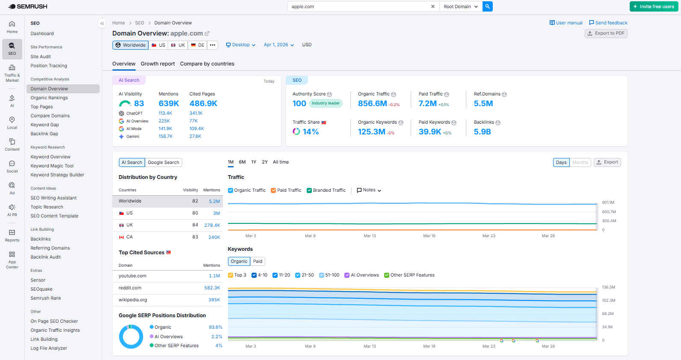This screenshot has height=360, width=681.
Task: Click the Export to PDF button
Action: click(x=606, y=33)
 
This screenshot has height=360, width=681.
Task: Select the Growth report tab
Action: click(x=157, y=64)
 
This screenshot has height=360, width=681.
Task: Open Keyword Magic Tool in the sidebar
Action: click(x=52, y=166)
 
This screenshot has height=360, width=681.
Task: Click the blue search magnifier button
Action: click(x=487, y=6)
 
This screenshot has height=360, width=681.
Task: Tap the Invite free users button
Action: click(x=653, y=6)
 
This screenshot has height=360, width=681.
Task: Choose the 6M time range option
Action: click(x=242, y=162)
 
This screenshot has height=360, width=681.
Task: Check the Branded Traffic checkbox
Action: click(x=309, y=190)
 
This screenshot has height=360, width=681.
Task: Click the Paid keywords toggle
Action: click(x=258, y=262)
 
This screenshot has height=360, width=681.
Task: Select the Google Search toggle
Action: click(x=163, y=163)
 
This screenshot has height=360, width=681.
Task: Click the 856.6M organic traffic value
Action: click(x=372, y=104)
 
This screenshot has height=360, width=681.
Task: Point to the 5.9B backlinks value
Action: click(x=482, y=132)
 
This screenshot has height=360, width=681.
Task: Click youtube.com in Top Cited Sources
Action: click(x=133, y=276)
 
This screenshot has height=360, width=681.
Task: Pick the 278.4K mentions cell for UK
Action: click(x=212, y=225)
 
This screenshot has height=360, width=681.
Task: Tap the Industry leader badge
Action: click(x=326, y=103)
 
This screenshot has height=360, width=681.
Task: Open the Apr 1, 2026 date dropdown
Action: click(x=278, y=45)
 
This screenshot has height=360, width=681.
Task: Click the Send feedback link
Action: click(x=608, y=23)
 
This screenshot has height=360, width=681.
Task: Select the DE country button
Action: click(x=198, y=45)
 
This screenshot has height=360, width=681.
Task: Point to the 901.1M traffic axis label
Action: click(x=608, y=202)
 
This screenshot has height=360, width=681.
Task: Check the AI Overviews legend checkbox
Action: click(x=347, y=275)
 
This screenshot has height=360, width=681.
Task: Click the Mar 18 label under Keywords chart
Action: click(x=429, y=346)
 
